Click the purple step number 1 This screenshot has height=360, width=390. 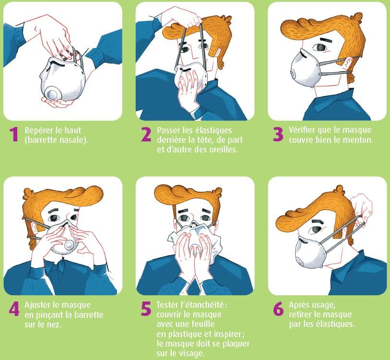[x=14, y=135]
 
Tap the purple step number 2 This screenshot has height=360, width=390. [x=146, y=135]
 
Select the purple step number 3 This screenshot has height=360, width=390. [x=278, y=135]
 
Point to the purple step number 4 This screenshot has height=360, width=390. [x=14, y=309]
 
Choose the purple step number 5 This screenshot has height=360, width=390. [x=146, y=309]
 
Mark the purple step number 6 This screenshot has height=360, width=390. [x=278, y=309]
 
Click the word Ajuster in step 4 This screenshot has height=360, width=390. [x=37, y=305]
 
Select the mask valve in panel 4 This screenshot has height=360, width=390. [x=69, y=245]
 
